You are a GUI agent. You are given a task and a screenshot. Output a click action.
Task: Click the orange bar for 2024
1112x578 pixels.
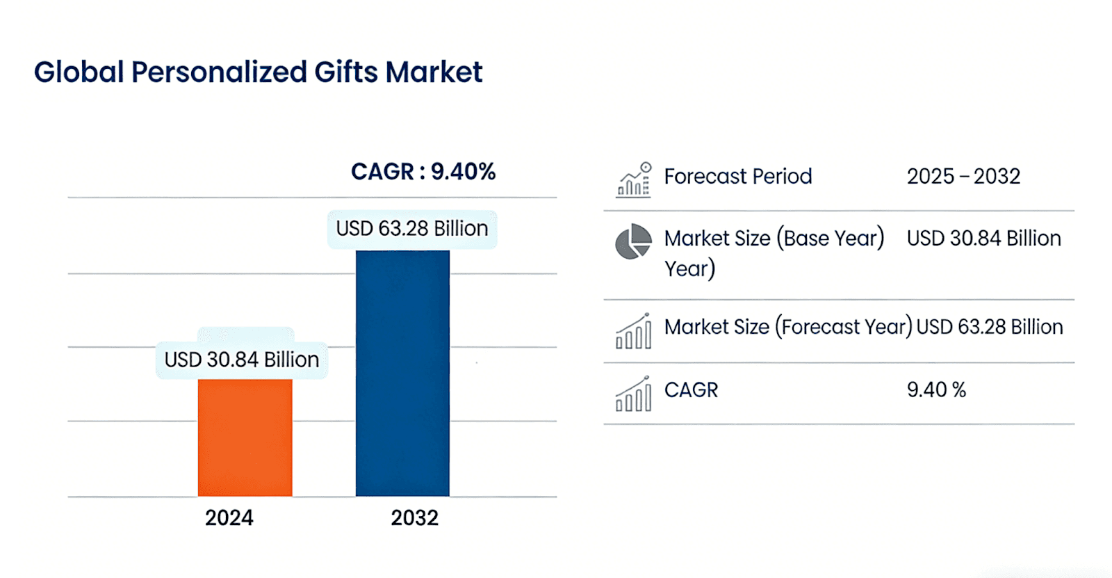(x=245, y=437)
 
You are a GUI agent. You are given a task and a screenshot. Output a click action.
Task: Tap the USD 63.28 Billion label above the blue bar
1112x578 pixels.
(x=411, y=229)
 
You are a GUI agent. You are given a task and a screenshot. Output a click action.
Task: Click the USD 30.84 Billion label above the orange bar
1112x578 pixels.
(x=241, y=360)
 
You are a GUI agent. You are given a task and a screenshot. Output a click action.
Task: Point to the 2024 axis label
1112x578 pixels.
(x=229, y=518)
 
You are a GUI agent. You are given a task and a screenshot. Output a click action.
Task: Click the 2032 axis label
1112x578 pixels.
(x=414, y=518)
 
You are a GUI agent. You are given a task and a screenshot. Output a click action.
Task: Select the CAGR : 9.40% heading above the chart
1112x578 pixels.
(x=423, y=172)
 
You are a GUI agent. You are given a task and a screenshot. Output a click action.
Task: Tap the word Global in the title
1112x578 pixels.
(x=79, y=72)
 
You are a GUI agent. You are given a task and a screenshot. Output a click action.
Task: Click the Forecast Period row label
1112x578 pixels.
(x=737, y=177)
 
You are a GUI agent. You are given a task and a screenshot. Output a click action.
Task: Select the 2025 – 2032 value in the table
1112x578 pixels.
(x=963, y=177)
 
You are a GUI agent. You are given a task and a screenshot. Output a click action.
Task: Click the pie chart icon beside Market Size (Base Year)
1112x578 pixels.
(x=633, y=241)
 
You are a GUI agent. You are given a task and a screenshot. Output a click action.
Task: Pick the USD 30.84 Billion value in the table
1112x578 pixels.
(x=983, y=239)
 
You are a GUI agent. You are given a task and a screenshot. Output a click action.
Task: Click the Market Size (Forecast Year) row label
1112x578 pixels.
(x=787, y=327)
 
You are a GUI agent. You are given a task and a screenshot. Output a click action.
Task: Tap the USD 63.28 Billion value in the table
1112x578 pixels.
(x=989, y=327)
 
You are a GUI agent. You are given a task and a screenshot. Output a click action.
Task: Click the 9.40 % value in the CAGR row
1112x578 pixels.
(x=936, y=390)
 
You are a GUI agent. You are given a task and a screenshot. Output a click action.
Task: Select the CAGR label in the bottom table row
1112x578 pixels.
(x=691, y=390)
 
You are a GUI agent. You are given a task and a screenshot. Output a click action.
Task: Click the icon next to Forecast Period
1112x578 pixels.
(x=634, y=180)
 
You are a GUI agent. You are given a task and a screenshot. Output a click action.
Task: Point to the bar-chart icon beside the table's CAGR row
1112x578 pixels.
(x=633, y=394)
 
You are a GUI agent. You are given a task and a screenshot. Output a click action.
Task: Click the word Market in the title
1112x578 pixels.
(x=434, y=72)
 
